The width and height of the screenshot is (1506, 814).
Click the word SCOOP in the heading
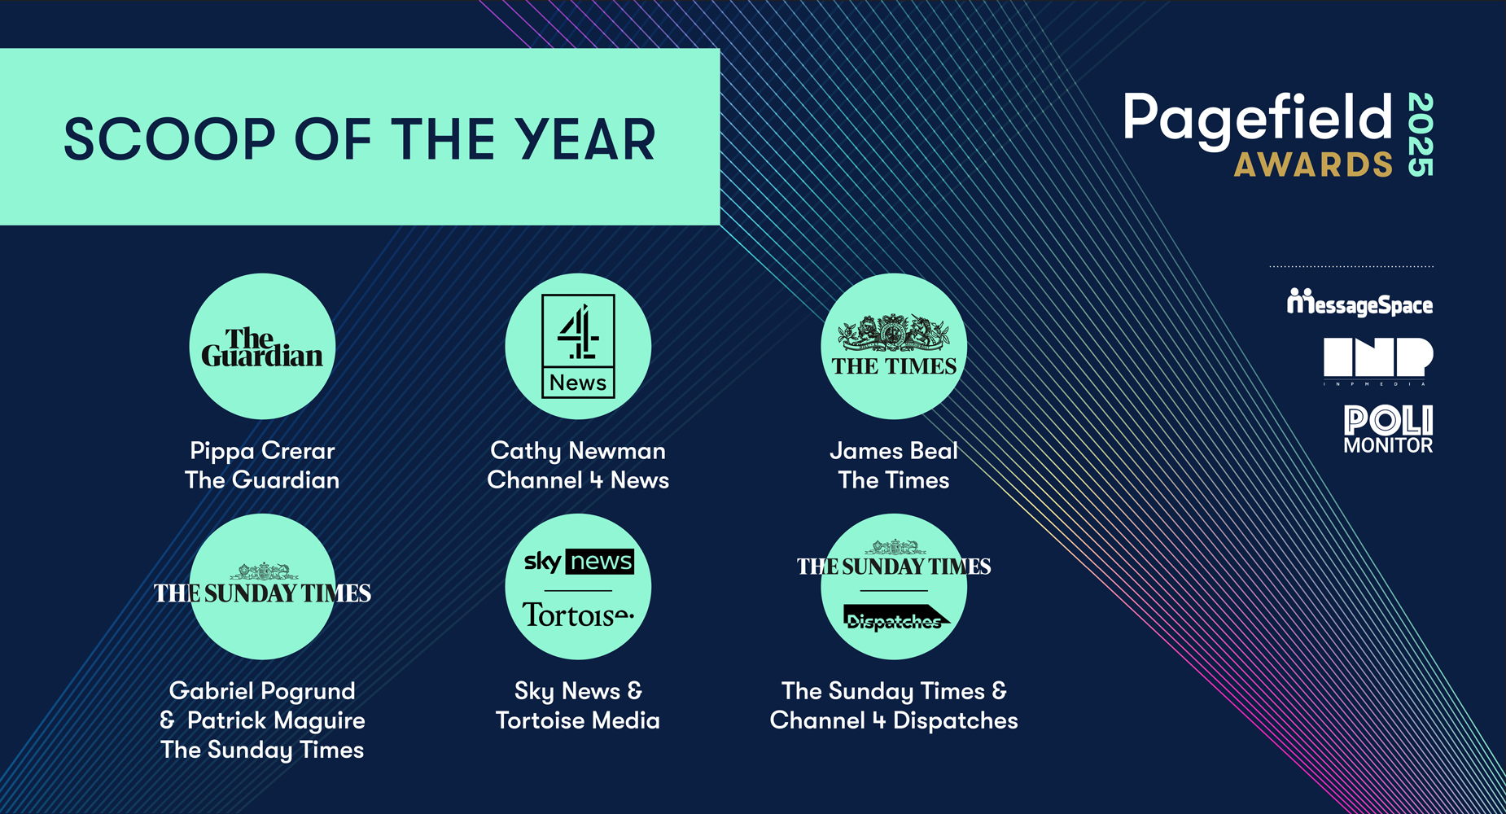click(170, 139)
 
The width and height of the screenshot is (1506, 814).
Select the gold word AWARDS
click(1314, 164)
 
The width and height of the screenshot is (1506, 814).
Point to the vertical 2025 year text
click(1421, 135)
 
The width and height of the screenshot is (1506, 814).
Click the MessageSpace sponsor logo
click(1359, 303)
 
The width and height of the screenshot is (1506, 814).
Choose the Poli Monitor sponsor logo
click(1388, 429)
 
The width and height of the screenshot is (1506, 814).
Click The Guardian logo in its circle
click(262, 348)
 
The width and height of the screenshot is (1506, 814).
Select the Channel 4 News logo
click(578, 346)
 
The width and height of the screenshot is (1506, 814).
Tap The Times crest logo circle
click(894, 346)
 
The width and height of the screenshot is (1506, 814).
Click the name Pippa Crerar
click(262, 451)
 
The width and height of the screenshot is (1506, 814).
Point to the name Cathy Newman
click(578, 451)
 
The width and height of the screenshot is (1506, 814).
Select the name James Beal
click(894, 451)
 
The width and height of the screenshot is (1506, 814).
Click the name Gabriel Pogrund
click(262, 691)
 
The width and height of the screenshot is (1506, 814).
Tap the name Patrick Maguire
click(276, 720)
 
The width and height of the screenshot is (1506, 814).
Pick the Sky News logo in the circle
click(578, 562)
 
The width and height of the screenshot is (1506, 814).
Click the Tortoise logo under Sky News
click(578, 615)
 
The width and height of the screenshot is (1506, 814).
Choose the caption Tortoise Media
click(578, 720)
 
